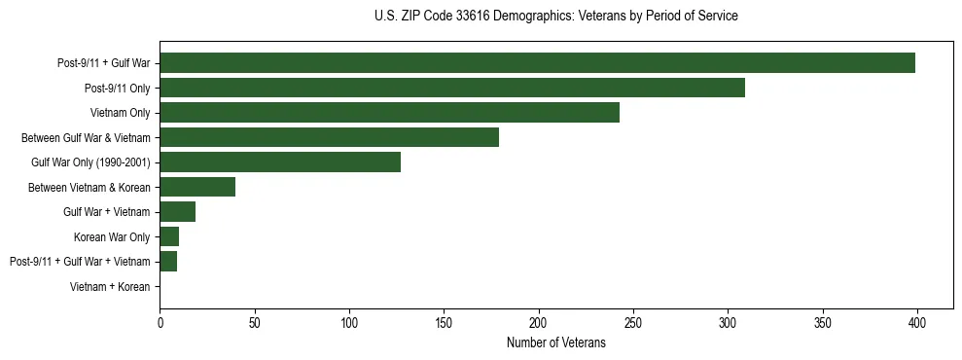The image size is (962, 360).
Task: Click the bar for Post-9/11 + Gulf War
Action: point(537,63)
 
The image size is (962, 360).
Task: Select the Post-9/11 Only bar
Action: point(452,88)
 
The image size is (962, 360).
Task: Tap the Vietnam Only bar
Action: point(389,113)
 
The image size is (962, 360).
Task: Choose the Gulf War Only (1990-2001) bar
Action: point(280,162)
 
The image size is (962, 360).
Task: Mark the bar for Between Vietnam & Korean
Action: point(197,187)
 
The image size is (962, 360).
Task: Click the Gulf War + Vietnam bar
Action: point(177,211)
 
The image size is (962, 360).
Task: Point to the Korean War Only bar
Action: point(169,236)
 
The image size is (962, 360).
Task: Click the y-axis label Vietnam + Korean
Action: point(110,286)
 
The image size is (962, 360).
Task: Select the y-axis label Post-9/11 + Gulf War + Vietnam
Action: point(80,262)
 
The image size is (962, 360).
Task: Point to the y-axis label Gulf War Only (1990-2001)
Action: point(90,162)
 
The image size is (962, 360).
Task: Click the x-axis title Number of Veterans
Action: point(555,342)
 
